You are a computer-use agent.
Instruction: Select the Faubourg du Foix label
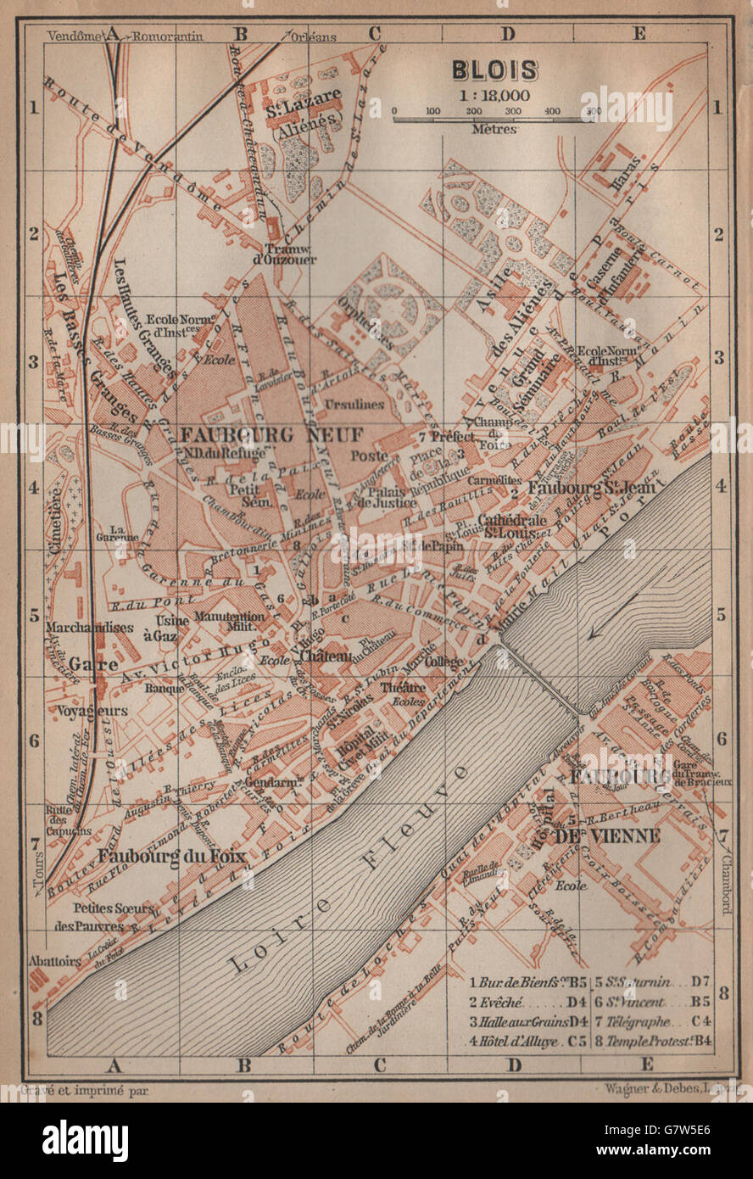click(x=172, y=856)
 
